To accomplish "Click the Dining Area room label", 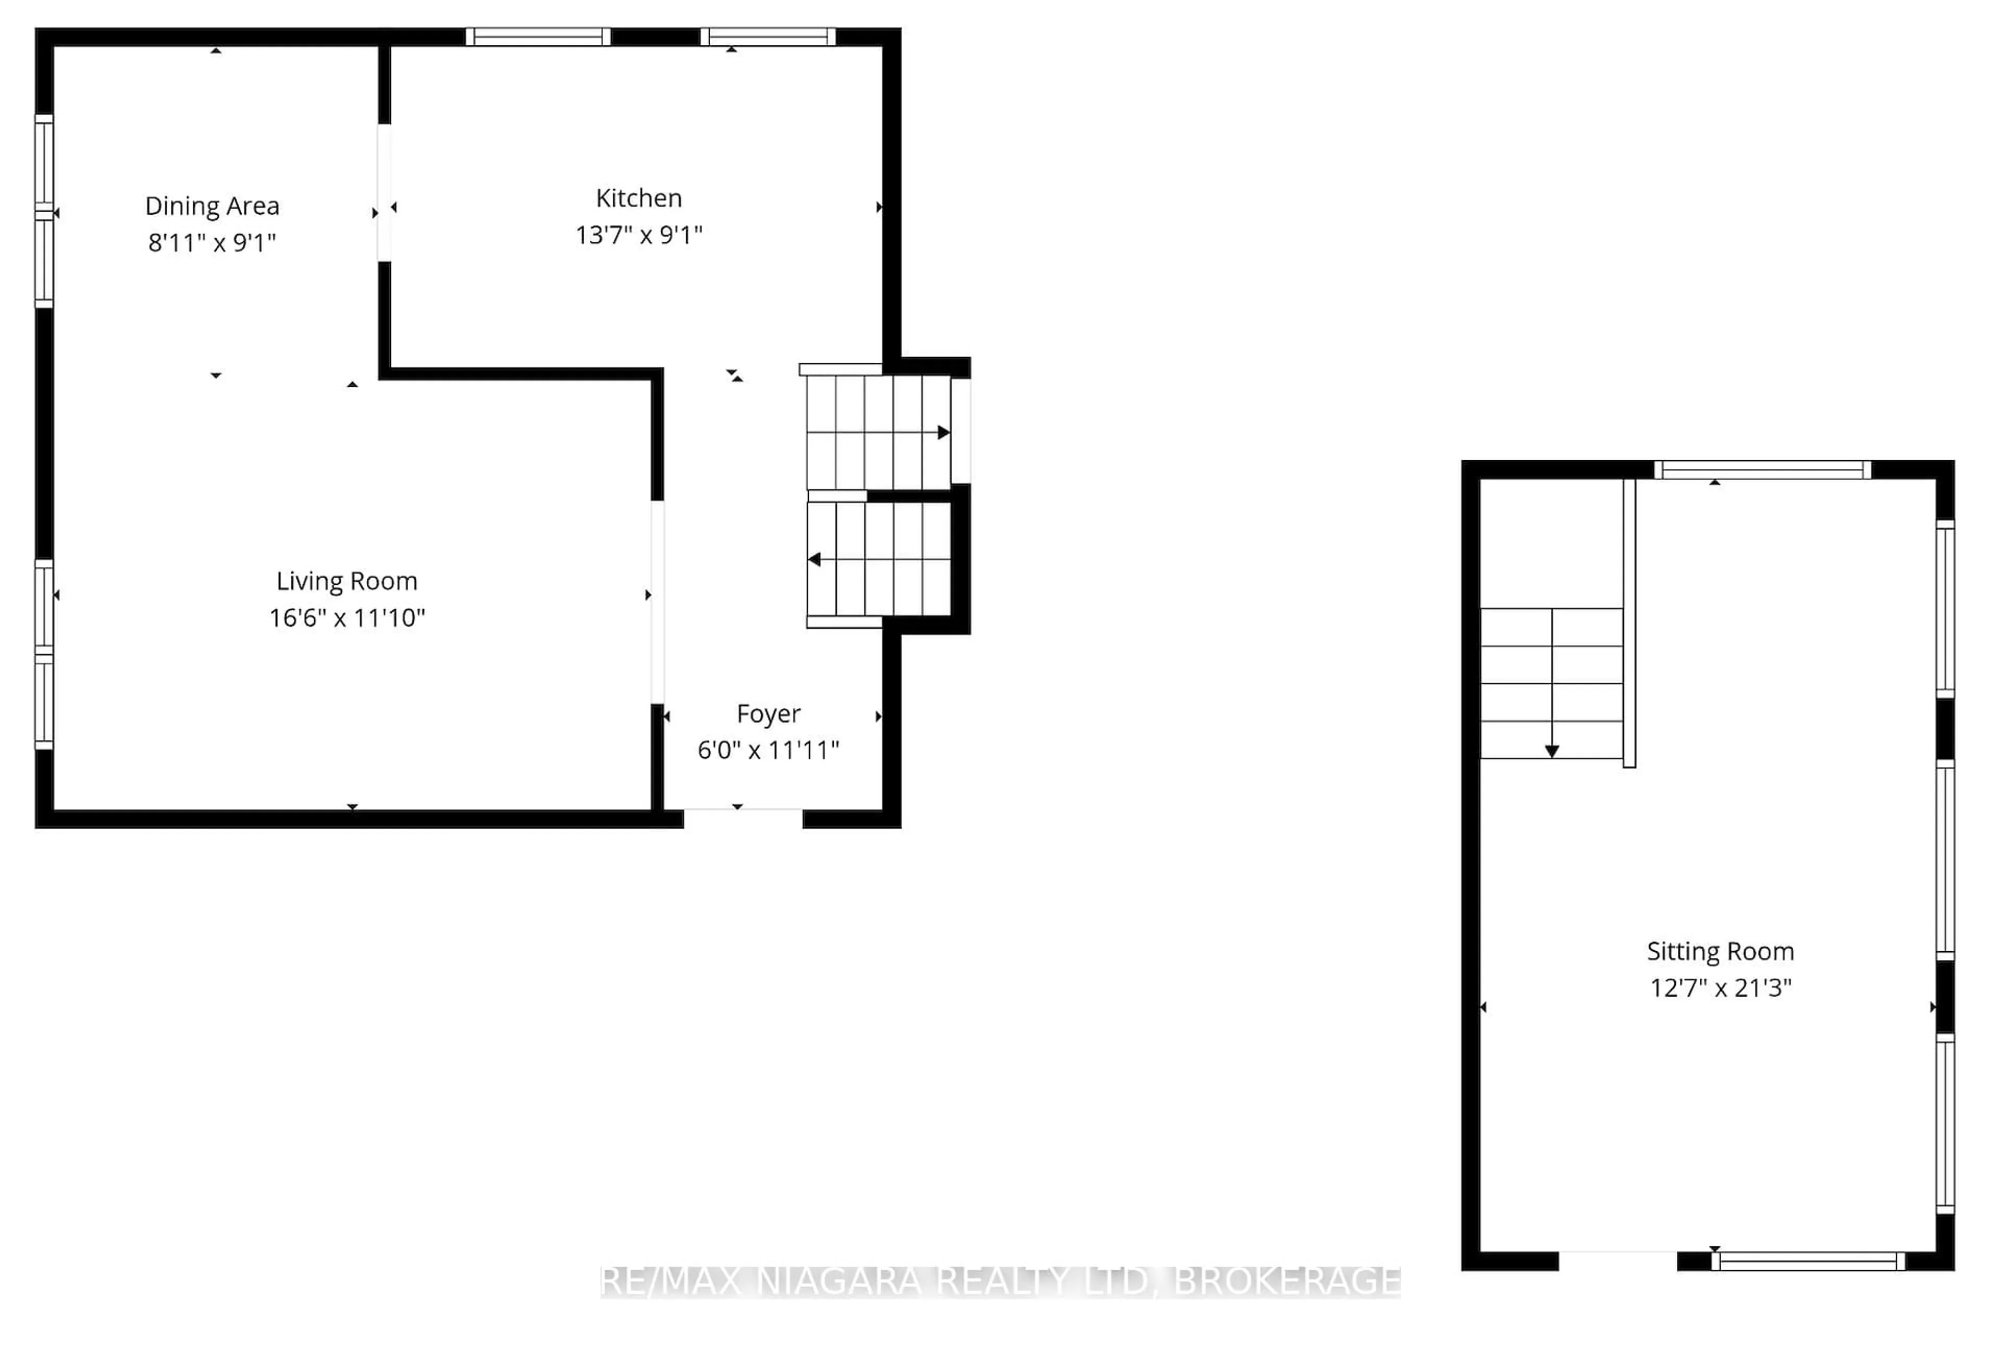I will click(x=212, y=206).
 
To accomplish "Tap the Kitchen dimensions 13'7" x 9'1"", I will click(x=639, y=235).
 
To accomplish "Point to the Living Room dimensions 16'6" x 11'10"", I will click(x=347, y=618).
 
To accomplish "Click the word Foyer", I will click(x=768, y=714).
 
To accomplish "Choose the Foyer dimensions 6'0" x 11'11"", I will click(x=768, y=751).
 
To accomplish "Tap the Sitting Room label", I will click(x=1720, y=951).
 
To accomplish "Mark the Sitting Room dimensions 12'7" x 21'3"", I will click(x=1720, y=988).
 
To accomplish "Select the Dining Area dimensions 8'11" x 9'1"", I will click(x=212, y=243).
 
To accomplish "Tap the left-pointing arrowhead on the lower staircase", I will click(x=813, y=560).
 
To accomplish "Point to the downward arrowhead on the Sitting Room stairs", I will click(x=1551, y=751).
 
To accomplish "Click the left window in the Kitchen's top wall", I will click(x=538, y=36).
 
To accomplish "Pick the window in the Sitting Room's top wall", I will click(x=1762, y=469).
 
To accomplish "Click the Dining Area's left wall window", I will click(x=44, y=212).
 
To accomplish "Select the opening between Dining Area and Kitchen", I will click(x=384, y=193).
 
